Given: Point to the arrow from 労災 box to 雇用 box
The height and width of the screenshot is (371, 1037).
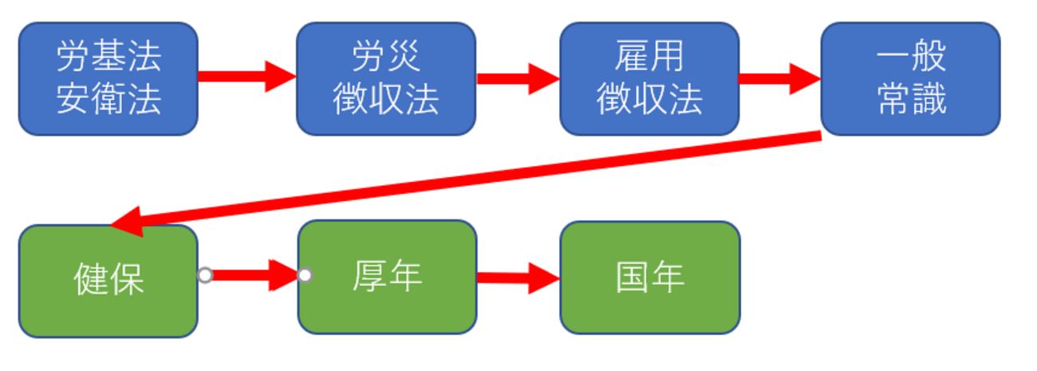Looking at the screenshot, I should point(517,77).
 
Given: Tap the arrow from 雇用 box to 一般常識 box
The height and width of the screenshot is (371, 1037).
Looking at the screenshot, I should point(779,78).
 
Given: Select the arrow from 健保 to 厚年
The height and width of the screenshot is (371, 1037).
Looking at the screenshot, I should point(254,275).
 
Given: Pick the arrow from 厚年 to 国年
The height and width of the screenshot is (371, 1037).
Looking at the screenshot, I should point(518,278).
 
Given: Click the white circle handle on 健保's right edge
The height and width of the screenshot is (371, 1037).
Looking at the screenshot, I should point(205,275).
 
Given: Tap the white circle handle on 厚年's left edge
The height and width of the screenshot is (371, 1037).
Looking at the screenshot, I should point(304,275).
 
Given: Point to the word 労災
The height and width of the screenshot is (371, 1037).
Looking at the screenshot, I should point(385,57).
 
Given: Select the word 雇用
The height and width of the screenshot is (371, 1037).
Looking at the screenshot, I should point(649,57).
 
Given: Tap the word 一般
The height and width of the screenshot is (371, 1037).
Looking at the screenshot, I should point(910,57).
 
